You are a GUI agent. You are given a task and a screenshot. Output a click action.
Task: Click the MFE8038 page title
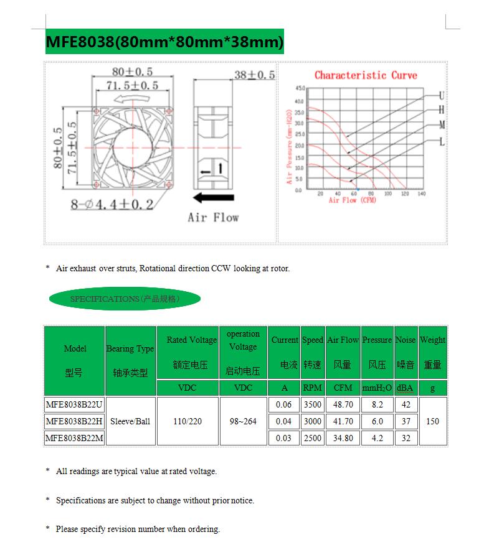[x=164, y=42]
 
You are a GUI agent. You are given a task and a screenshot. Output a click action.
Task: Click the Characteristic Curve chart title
[x=366, y=75]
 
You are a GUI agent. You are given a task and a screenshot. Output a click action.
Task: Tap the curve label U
[x=442, y=96]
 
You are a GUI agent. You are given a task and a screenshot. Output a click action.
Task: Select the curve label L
[x=442, y=142]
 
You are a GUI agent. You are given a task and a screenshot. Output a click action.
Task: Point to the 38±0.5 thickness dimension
[x=254, y=75]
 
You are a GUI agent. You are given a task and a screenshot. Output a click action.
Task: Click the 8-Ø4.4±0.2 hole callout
[x=112, y=203]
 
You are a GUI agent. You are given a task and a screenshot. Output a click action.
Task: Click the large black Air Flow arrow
[x=213, y=198]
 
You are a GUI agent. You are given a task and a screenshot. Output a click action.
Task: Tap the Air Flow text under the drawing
[x=213, y=217]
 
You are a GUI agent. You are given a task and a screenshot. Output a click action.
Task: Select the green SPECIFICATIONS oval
[x=125, y=299]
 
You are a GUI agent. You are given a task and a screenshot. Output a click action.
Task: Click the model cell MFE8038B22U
[x=74, y=404]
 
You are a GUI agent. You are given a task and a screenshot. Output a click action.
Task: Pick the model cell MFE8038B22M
[x=74, y=438]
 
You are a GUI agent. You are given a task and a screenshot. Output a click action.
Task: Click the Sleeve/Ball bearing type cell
[x=130, y=421]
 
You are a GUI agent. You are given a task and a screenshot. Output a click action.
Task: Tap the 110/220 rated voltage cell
[x=188, y=421]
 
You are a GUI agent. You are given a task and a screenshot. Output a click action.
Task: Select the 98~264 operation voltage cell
[x=243, y=421]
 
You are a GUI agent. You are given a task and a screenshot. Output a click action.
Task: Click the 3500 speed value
[x=313, y=404]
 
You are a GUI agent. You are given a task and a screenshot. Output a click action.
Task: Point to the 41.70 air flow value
[x=343, y=421]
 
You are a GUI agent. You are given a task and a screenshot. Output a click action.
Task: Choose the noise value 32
[x=406, y=438]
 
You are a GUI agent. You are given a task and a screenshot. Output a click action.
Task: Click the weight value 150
[x=432, y=421]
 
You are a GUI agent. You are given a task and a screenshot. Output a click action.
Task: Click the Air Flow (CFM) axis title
[x=353, y=200]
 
